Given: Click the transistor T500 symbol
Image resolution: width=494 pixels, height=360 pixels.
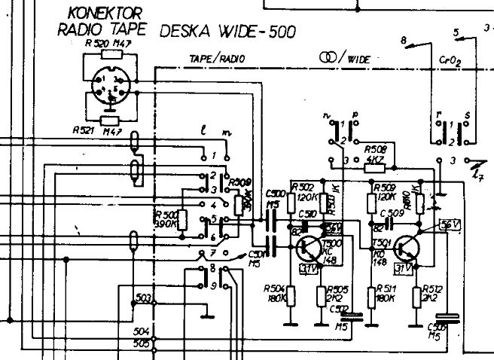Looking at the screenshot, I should coord(310,248).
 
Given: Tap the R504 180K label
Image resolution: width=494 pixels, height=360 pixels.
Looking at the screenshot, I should coord(276,293).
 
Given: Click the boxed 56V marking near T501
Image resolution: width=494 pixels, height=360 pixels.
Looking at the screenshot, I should coord(450,225).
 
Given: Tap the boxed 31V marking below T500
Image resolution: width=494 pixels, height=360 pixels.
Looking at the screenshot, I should coord(307,268).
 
